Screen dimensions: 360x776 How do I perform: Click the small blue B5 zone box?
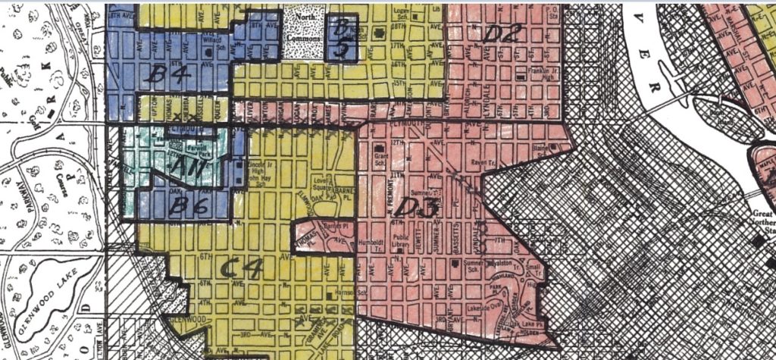tap(341, 38)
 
